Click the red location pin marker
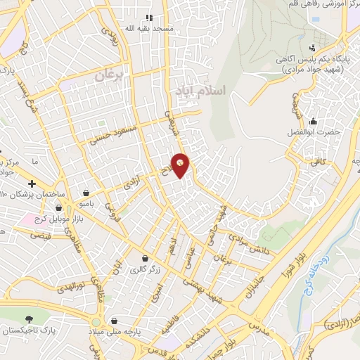pyautogui.click(x=181, y=165)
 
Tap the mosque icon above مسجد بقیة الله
pyautogui.click(x=148, y=18)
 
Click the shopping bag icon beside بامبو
pyautogui.click(x=86, y=193)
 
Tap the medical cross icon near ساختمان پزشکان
pyautogui.click(x=32, y=184)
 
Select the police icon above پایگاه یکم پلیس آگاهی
pyautogui.click(x=312, y=49)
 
